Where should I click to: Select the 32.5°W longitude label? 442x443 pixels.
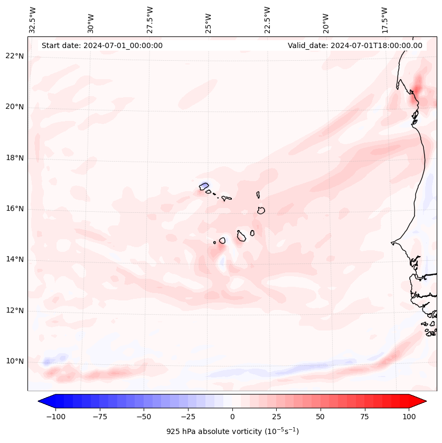(33, 20)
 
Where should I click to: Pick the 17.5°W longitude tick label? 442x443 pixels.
(384, 20)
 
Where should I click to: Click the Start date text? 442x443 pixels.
(102, 45)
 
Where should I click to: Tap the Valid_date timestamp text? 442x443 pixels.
(355, 45)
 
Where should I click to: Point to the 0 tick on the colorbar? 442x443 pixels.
(232, 417)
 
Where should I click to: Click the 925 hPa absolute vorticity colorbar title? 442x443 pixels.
(232, 431)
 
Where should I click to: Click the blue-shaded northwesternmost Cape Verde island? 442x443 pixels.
(204, 186)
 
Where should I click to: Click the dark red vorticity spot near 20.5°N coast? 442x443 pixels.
(417, 87)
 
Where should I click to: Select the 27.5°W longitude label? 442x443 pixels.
(150, 20)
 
